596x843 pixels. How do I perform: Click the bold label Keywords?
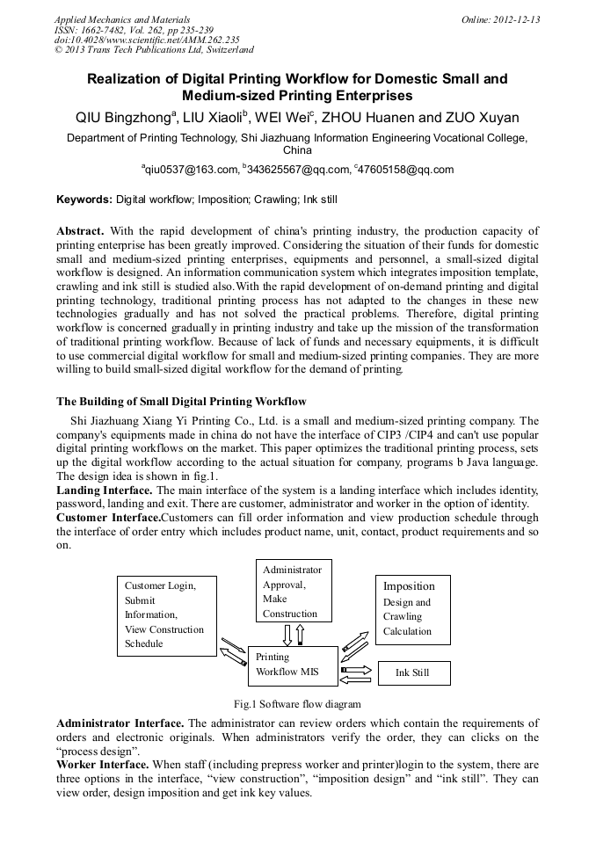[x=84, y=200]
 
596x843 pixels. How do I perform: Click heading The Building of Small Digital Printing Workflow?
[x=181, y=402]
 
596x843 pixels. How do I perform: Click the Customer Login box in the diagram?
[x=167, y=614]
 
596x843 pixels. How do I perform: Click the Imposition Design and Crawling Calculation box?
[x=413, y=608]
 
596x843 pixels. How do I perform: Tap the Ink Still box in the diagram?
[x=413, y=673]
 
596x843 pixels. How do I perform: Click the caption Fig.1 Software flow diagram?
[x=297, y=704]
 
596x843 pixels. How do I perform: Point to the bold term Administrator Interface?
[x=120, y=723]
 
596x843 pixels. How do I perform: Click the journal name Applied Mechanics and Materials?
[x=122, y=19]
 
